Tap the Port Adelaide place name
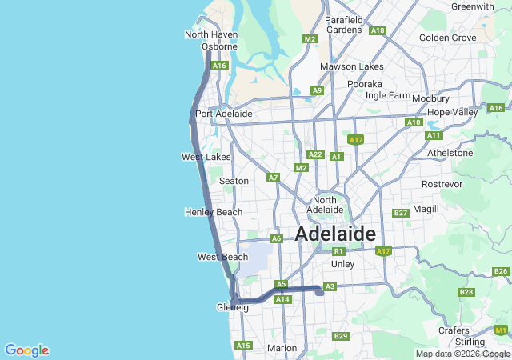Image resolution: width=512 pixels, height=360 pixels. [224, 114]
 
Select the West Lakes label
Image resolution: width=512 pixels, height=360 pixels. [206, 157]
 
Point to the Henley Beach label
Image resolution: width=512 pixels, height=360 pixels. [213, 212]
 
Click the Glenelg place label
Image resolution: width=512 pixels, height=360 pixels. [233, 307]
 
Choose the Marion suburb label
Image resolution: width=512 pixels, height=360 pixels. [282, 348]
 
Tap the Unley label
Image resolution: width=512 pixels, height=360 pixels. [342, 263]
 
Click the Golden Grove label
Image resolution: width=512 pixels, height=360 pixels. [447, 38]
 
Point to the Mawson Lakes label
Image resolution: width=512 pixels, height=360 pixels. [352, 66]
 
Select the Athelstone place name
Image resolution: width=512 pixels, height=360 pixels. [450, 152]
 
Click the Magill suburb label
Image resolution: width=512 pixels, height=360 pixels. [426, 209]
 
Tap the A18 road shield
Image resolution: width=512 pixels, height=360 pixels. [378, 30]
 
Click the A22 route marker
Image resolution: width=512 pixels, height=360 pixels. [315, 154]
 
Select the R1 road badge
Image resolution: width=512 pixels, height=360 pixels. [338, 251]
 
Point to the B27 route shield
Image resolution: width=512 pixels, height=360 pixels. [401, 213]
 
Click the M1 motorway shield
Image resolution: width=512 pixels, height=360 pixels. [501, 330]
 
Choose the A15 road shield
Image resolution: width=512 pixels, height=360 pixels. [243, 345]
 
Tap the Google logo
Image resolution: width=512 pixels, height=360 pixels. [26, 350]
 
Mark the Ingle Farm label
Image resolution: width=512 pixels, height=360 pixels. [388, 95]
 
